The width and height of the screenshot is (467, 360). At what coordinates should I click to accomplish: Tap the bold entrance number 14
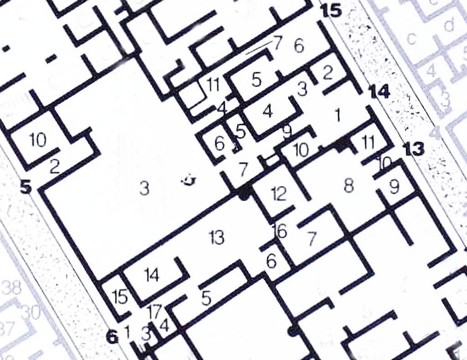point(379,93)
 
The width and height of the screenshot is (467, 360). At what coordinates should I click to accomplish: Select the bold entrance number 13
point(414,149)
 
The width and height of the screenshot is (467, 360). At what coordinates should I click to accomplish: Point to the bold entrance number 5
point(26,187)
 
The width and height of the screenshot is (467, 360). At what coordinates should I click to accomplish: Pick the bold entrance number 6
point(111,337)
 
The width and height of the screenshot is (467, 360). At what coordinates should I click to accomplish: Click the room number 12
point(278,194)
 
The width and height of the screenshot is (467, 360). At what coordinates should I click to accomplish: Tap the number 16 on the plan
point(280,231)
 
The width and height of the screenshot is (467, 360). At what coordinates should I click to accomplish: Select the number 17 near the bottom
point(154,312)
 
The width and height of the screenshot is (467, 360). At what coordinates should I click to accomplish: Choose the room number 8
point(349,186)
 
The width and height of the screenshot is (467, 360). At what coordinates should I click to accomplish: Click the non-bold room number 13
point(216,237)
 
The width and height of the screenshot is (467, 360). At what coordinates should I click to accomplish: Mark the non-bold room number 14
point(151,275)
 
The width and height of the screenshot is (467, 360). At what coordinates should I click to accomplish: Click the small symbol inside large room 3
point(188,181)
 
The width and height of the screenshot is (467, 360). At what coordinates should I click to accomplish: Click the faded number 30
point(31,312)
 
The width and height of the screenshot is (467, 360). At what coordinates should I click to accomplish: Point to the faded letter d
point(449,23)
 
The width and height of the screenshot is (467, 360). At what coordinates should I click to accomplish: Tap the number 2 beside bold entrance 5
point(54,166)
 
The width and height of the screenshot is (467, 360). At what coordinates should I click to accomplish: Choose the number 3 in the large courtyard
point(144,188)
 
